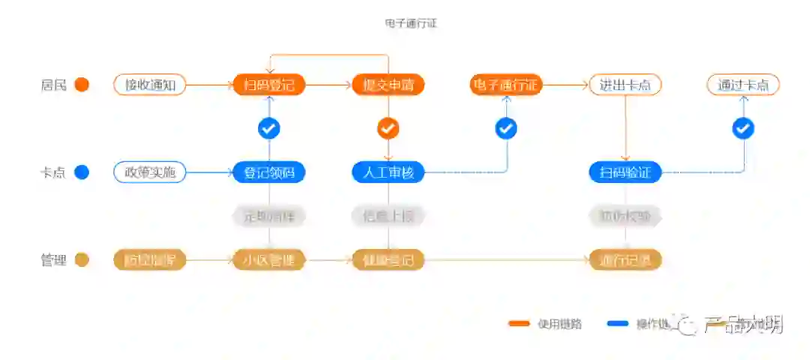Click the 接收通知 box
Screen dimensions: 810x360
tap(149, 85)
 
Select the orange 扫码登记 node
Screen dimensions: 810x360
tap(268, 85)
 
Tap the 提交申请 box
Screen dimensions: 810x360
tap(388, 85)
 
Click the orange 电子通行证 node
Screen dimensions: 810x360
tap(505, 85)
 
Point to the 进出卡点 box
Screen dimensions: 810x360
tap(625, 85)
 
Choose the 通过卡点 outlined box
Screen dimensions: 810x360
tap(742, 85)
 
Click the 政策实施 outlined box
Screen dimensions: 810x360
tap(149, 172)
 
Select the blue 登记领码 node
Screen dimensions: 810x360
tap(268, 172)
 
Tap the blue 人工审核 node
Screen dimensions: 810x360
tap(388, 172)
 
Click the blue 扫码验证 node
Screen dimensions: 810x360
tap(625, 172)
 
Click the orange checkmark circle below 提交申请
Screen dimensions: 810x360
tap(388, 129)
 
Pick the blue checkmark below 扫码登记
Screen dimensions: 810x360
tap(268, 129)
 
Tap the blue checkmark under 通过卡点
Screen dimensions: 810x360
tap(742, 129)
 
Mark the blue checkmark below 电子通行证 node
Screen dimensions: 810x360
tap(506, 129)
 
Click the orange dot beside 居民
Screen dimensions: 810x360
tap(82, 85)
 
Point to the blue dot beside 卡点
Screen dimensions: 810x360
tap(82, 172)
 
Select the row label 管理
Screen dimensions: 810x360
tap(54, 260)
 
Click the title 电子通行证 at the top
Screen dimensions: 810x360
tap(410, 23)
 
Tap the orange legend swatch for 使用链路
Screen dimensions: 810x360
tap(520, 324)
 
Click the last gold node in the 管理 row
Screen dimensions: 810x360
tap(625, 260)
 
